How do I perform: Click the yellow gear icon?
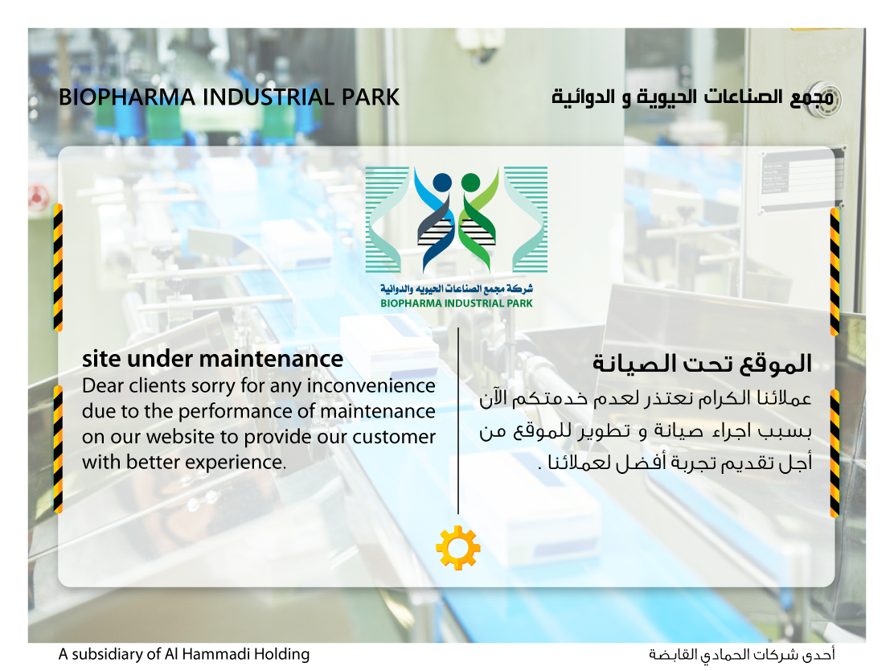[x=457, y=548]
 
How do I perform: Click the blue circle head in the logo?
[x=442, y=183]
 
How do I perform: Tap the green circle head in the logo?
[x=470, y=183]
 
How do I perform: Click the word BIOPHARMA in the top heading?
[x=127, y=97]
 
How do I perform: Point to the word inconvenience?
[x=371, y=385]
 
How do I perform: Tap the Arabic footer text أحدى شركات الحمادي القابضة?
[x=742, y=654]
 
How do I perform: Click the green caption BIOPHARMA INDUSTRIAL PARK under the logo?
[x=457, y=303]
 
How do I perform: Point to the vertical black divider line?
[x=457, y=421]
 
